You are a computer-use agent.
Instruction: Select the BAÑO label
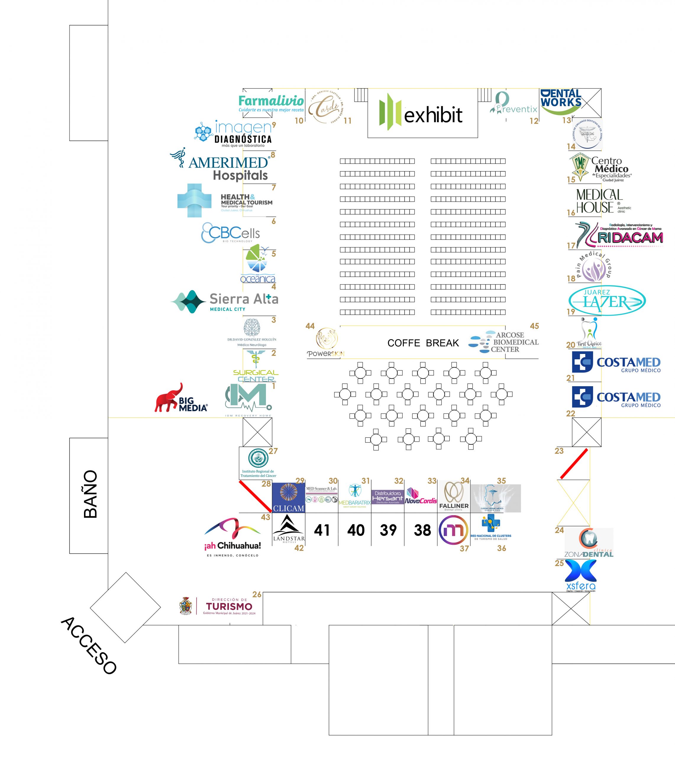tap(90, 494)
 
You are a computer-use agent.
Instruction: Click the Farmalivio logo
tap(271, 103)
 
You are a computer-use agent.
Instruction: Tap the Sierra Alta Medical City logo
tap(225, 301)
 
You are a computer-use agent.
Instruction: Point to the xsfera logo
tap(581, 575)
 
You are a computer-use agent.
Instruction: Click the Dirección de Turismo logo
tap(217, 606)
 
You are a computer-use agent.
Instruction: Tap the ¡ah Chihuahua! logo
tap(232, 537)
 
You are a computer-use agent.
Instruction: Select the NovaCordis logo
tap(421, 496)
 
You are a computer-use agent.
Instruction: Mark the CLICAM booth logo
tap(288, 497)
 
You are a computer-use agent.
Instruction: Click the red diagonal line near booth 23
tap(574, 463)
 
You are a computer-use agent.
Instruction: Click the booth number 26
tap(257, 594)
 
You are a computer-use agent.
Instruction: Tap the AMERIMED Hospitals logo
tap(224, 164)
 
